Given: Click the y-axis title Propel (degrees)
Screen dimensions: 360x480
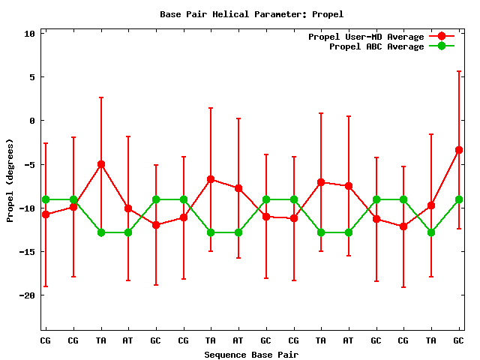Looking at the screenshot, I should (10, 181).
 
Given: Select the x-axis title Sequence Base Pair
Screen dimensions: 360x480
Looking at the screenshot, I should (251, 354).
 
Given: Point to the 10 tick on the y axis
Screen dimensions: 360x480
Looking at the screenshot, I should (30, 34).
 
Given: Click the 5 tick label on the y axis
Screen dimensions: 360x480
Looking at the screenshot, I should (32, 77).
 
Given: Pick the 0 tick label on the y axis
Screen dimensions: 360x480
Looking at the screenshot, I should (32, 121).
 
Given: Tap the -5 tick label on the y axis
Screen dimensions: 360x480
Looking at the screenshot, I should (30, 164).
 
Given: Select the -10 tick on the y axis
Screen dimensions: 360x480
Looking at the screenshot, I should (28, 208).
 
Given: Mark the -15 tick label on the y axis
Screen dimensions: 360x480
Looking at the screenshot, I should (28, 251).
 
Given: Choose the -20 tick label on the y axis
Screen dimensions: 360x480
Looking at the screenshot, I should (28, 295).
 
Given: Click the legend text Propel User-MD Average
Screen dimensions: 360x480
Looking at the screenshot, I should (366, 37).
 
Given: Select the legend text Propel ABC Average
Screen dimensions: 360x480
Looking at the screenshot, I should (376, 46).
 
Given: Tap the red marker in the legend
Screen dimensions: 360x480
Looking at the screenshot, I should (442, 37).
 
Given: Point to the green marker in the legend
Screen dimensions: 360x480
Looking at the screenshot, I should (442, 46).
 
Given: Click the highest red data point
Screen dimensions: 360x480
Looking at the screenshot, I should (458, 150).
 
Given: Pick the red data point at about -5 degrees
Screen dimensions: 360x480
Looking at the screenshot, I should (100, 164).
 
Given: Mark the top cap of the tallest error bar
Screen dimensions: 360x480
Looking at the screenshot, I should (458, 71).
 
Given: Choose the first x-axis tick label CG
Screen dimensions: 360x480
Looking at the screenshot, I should (46, 340).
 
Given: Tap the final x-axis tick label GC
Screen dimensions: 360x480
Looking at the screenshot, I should (458, 340).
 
